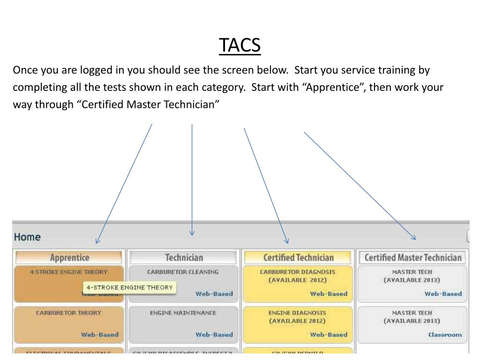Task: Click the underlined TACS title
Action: (240, 45)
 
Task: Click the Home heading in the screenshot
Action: (27, 237)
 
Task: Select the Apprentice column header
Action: (69, 257)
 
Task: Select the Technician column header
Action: (184, 257)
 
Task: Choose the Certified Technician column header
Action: (298, 257)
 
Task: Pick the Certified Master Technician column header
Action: (412, 257)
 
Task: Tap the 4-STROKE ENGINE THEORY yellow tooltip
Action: (129, 287)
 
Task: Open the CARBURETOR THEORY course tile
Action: (69, 324)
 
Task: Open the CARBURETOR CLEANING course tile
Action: (183, 283)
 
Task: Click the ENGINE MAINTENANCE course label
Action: (183, 313)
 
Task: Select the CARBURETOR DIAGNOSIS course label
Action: (298, 272)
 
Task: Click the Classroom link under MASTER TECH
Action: (444, 335)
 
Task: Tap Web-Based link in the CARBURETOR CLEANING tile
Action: (214, 294)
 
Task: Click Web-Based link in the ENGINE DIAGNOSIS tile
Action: (328, 335)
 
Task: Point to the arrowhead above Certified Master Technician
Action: (414, 238)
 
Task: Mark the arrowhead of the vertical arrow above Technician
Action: (192, 234)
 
